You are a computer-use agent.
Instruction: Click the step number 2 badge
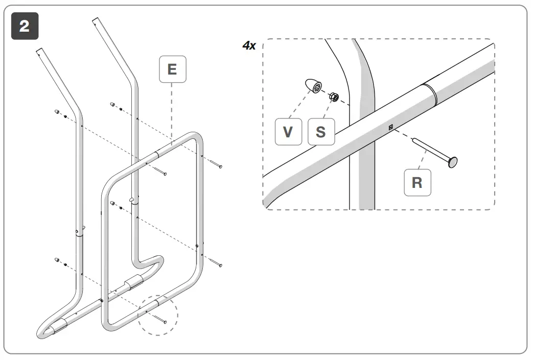tap(24, 27)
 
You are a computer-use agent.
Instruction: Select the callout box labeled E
tap(173, 69)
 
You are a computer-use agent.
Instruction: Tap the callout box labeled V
tap(288, 132)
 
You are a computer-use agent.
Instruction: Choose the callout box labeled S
tap(320, 132)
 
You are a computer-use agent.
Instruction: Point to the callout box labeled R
tap(417, 182)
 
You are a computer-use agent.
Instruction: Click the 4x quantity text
tap(249, 45)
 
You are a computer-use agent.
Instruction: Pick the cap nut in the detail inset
tap(312, 85)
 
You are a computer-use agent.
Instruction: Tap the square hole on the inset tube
tap(391, 128)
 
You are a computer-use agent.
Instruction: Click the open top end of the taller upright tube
tap(94, 21)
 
